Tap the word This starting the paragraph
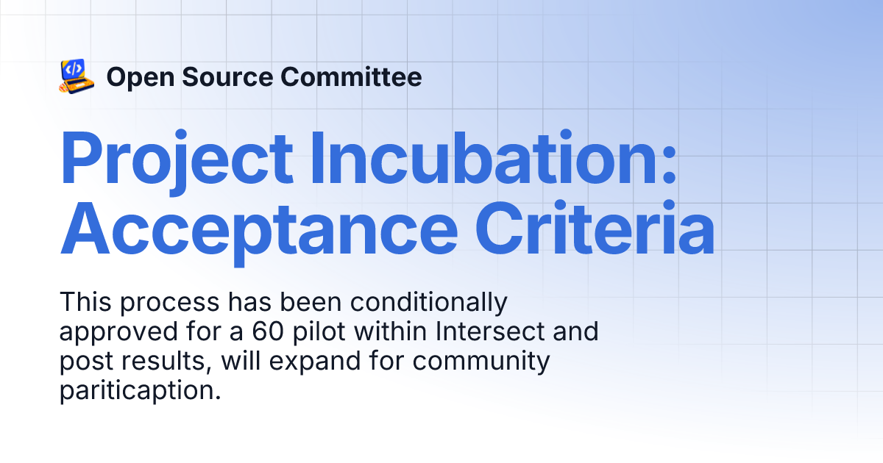84,302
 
